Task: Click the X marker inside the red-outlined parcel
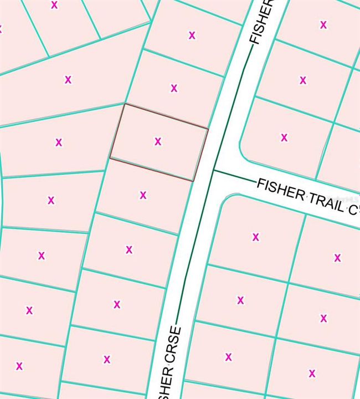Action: pyautogui.click(x=158, y=141)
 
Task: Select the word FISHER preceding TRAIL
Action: pyautogui.click(x=281, y=189)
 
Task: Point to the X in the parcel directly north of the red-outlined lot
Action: pyautogui.click(x=174, y=88)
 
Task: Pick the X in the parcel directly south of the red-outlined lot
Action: pyautogui.click(x=143, y=195)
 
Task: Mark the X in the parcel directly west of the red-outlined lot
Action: pyautogui.click(x=59, y=142)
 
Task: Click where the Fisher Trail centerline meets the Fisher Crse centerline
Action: pyautogui.click(x=214, y=171)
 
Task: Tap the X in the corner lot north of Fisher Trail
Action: pyautogui.click(x=284, y=137)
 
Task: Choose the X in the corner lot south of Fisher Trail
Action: pyautogui.click(x=256, y=237)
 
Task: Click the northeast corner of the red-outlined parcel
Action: pyautogui.click(x=208, y=129)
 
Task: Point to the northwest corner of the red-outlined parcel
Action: pyautogui.click(x=125, y=104)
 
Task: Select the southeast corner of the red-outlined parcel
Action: pyautogui.click(x=193, y=181)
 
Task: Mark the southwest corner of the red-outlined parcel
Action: pyautogui.click(x=110, y=158)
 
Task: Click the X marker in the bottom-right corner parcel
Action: pyautogui.click(x=312, y=373)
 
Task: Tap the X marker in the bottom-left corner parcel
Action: pyautogui.click(x=19, y=366)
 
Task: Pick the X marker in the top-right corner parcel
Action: pyautogui.click(x=323, y=24)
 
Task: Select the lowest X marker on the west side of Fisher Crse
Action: pyautogui.click(x=107, y=359)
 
